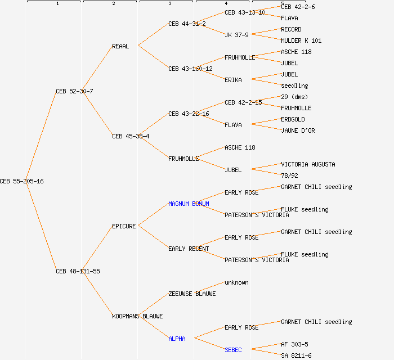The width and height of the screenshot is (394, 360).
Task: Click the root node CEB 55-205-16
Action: coord(22,181)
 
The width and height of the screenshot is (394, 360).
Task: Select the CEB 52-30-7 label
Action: coord(74,91)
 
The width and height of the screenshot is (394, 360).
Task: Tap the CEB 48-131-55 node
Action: coord(78,271)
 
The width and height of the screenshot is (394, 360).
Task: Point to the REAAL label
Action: coord(120,46)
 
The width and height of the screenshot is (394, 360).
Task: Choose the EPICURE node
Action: coord(124,226)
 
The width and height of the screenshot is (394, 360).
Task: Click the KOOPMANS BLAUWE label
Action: coord(137,316)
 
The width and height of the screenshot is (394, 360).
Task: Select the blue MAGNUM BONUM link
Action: coord(189,204)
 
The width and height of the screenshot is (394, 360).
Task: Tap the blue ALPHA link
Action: coord(177,339)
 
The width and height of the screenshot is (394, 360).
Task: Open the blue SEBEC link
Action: coord(233,350)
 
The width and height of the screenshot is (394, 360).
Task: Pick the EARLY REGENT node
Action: coord(189,249)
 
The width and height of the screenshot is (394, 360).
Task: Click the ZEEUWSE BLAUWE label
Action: coord(192,294)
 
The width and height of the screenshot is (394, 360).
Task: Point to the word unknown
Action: coord(236,282)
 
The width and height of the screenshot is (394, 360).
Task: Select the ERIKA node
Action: coord(233,80)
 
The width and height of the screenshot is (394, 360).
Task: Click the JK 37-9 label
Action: coord(236,35)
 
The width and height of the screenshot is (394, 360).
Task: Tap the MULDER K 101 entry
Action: coord(301,40)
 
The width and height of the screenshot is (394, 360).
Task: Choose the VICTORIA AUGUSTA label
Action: coord(308,164)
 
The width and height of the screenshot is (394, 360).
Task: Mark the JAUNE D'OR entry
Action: coord(298,130)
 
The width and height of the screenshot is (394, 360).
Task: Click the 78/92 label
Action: coord(289,175)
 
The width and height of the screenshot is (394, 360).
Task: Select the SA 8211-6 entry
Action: coord(296,355)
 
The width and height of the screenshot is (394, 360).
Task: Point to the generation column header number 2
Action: coord(113,4)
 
